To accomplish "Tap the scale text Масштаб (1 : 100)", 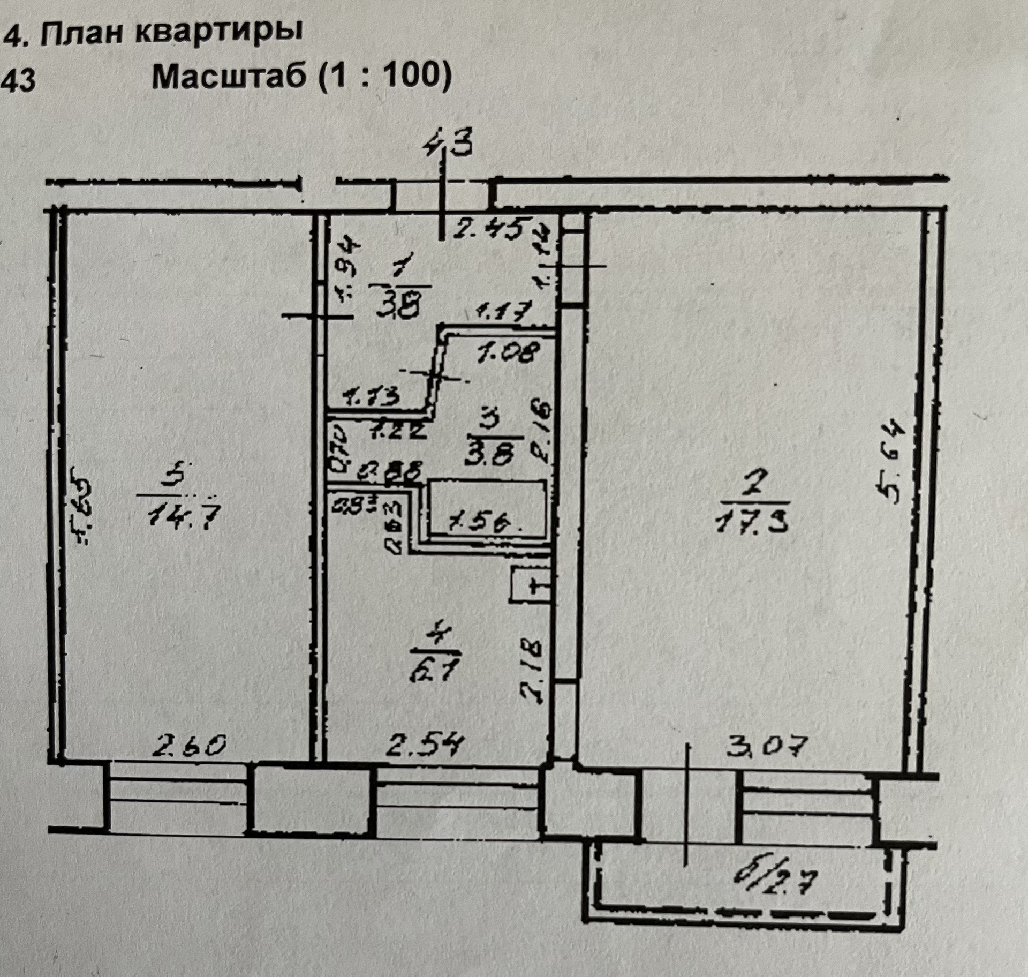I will point(302,77).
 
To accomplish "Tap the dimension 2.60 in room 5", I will point(190,745).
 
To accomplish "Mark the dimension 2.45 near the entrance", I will point(492,229).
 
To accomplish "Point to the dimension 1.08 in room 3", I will point(509,352).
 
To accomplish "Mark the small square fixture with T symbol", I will point(530,585).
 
